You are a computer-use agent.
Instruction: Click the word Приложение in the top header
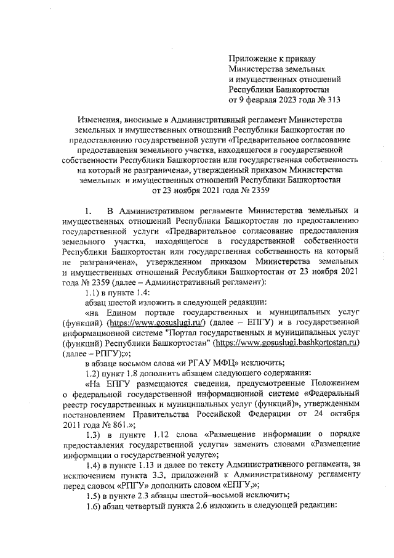252,59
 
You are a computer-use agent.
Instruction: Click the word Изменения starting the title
99,118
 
